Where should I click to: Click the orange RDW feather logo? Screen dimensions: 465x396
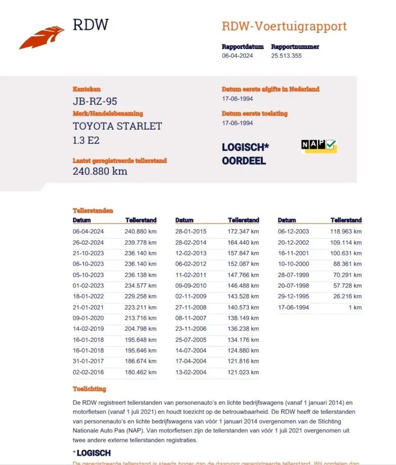pyautogui.click(x=42, y=37)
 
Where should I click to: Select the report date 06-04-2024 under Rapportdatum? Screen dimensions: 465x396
pyautogui.click(x=237, y=56)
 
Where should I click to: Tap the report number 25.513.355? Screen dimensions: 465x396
pyautogui.click(x=286, y=56)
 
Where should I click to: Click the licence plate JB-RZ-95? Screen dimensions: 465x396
pyautogui.click(x=95, y=101)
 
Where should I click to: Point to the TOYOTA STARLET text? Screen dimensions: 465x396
pyautogui.click(x=117, y=126)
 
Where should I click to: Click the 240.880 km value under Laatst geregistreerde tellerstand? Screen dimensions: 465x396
pyautogui.click(x=100, y=171)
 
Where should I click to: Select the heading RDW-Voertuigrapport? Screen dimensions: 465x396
pyautogui.click(x=284, y=26)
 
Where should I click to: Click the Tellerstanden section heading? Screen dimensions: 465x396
pyautogui.click(x=93, y=211)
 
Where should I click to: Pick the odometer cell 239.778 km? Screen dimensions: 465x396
pyautogui.click(x=140, y=243)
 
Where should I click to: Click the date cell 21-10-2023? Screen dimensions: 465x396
pyautogui.click(x=88, y=253)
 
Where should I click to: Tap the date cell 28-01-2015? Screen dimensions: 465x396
pyautogui.click(x=191, y=231)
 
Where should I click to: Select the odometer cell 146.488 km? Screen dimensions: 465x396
pyautogui.click(x=243, y=286)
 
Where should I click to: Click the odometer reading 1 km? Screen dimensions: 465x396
pyautogui.click(x=355, y=307)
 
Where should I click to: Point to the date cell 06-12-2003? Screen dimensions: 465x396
pyautogui.click(x=293, y=231)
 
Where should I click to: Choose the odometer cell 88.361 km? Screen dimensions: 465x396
pyautogui.click(x=347, y=264)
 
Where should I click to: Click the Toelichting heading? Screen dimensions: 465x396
pyautogui.click(x=89, y=389)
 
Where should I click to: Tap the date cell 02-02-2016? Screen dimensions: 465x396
pyautogui.click(x=88, y=372)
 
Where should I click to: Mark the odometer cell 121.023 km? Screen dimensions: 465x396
pyautogui.click(x=243, y=372)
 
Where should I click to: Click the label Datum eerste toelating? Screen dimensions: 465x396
pyautogui.click(x=255, y=114)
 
